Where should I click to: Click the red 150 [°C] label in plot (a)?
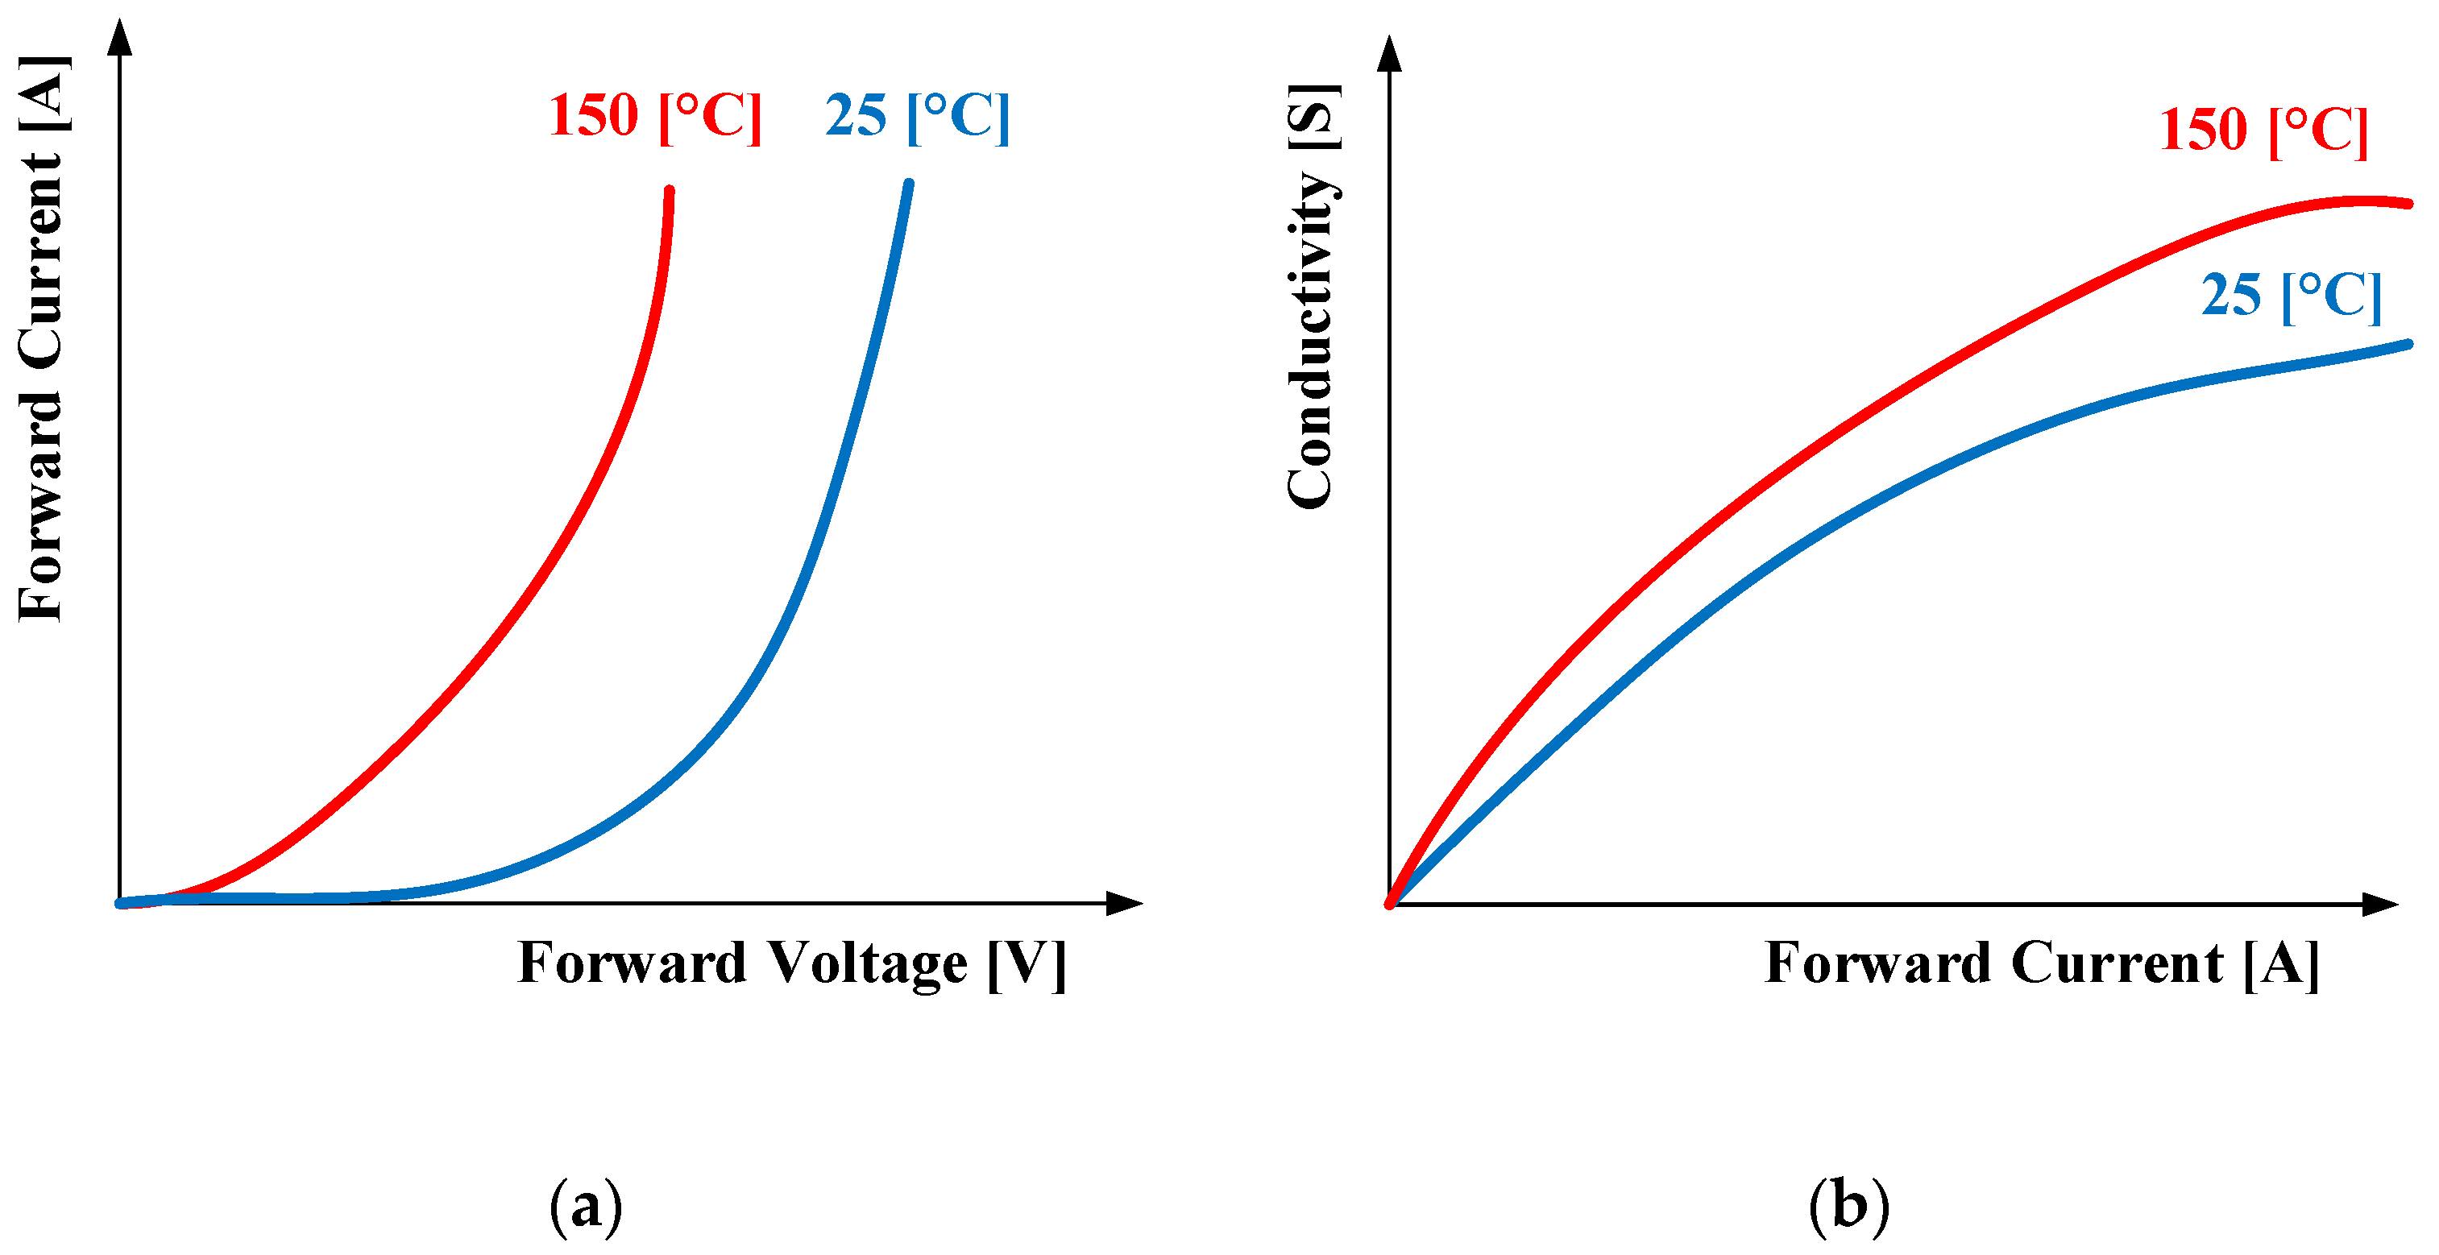[x=654, y=117]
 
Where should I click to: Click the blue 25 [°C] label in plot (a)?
[x=916, y=117]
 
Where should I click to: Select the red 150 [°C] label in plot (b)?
[x=2263, y=130]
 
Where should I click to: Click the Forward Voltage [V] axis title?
[x=791, y=963]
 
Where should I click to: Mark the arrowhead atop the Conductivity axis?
[x=1389, y=53]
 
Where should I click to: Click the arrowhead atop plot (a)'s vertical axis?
[x=119, y=36]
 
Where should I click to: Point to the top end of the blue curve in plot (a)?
[x=909, y=184]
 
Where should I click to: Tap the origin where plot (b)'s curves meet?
[x=1390, y=904]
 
